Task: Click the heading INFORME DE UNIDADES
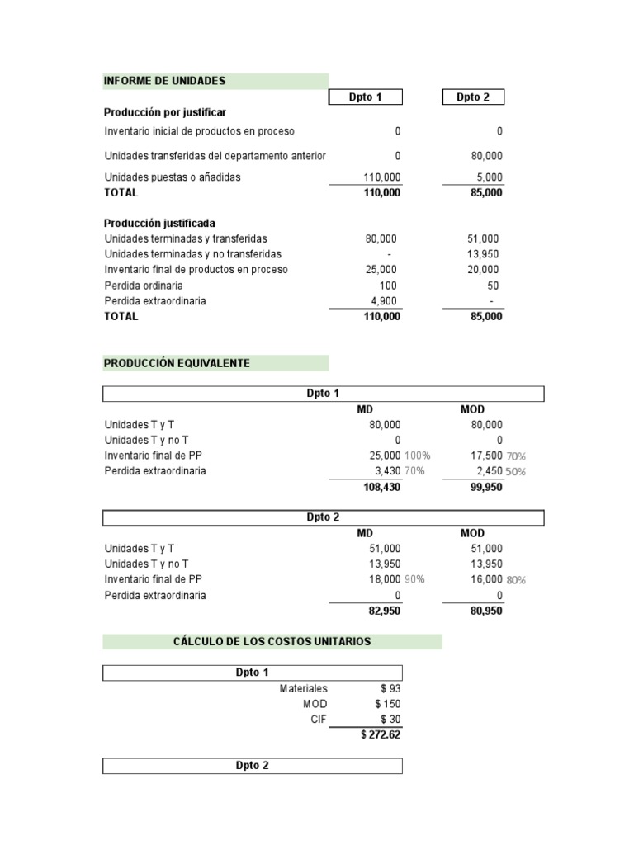pyautogui.click(x=164, y=81)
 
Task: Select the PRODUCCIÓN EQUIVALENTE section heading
pyautogui.click(x=177, y=363)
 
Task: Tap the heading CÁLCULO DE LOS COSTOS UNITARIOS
pyautogui.click(x=272, y=641)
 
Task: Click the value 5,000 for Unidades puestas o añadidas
pyautogui.click(x=488, y=177)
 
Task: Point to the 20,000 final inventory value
pyautogui.click(x=483, y=270)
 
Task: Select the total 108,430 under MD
pyautogui.click(x=381, y=488)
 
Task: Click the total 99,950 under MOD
pyautogui.click(x=485, y=488)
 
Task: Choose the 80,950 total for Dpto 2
pyautogui.click(x=485, y=611)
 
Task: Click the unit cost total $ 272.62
pyautogui.click(x=381, y=734)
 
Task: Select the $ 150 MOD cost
pyautogui.click(x=387, y=704)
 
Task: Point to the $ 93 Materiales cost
pyautogui.click(x=390, y=688)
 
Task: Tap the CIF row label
pyautogui.click(x=319, y=720)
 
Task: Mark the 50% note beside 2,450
pyautogui.click(x=516, y=472)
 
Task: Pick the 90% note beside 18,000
pyautogui.click(x=414, y=580)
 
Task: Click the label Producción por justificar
pyautogui.click(x=165, y=111)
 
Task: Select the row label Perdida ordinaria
pyautogui.click(x=144, y=286)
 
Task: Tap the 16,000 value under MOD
pyautogui.click(x=486, y=580)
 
